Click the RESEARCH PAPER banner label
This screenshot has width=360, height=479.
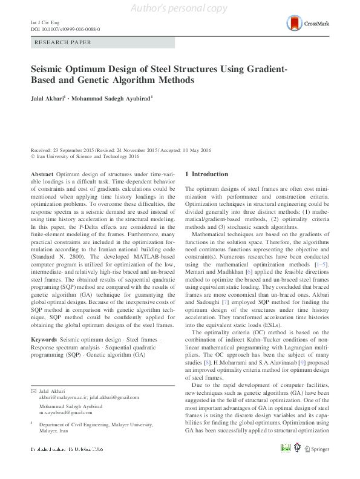tap(64, 43)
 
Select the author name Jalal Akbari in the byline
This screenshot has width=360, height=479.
tap(50, 97)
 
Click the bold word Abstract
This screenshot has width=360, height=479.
tap(42, 174)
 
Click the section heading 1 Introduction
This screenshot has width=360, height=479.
tap(207, 174)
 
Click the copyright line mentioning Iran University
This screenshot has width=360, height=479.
tap(85, 156)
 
